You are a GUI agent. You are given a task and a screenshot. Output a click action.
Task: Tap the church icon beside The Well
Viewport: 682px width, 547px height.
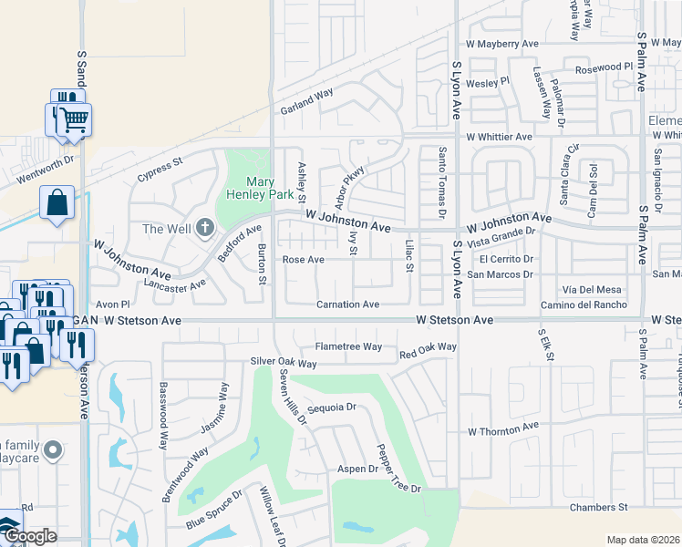[205, 227]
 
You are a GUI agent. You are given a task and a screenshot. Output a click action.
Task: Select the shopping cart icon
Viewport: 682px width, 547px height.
[75, 119]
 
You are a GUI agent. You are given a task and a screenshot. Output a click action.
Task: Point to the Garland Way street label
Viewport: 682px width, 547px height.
[306, 100]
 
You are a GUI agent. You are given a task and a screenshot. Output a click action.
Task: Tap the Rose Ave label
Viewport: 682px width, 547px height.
[303, 260]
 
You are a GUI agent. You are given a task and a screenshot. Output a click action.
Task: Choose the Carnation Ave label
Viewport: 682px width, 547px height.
[347, 304]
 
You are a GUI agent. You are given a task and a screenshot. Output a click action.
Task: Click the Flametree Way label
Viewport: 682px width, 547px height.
[348, 346]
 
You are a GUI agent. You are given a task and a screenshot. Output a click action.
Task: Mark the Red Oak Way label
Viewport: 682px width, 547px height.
[427, 348]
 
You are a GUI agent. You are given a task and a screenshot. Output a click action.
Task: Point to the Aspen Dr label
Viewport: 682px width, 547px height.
[359, 469]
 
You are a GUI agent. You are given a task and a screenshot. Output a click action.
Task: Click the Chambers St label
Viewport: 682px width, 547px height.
[599, 507]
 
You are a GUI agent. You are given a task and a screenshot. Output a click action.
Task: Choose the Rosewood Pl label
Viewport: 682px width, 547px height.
[603, 68]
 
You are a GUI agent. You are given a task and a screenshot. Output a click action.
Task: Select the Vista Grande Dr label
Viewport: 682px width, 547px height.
[500, 233]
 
